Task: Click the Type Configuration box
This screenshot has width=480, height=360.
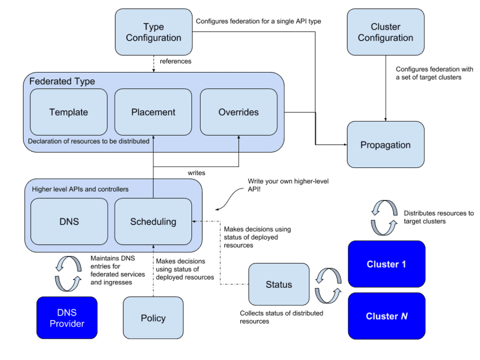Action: [x=154, y=32]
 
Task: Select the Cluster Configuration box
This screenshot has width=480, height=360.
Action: [x=386, y=32]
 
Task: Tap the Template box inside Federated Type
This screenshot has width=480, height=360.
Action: [x=69, y=112]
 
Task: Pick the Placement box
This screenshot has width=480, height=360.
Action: [x=153, y=112]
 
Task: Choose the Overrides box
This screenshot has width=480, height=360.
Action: [x=238, y=112]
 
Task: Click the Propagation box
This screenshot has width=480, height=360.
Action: [x=386, y=145]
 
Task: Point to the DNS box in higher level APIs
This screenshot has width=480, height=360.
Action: [x=69, y=221]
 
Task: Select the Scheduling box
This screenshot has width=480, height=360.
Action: [x=153, y=221]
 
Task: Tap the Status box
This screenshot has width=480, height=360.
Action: [x=279, y=284]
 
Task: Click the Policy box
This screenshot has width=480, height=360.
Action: [x=153, y=318]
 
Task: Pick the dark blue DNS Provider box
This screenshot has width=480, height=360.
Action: [x=67, y=318]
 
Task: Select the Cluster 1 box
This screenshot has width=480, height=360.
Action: [x=387, y=264]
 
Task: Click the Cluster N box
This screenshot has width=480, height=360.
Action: [x=387, y=316]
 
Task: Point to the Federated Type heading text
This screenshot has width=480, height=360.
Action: [x=62, y=82]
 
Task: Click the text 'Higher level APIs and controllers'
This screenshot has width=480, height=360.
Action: [x=80, y=189]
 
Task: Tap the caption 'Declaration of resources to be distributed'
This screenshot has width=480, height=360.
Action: [x=89, y=141]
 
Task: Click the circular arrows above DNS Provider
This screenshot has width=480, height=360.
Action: [x=68, y=274]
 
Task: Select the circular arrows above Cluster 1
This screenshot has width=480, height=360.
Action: [x=385, y=218]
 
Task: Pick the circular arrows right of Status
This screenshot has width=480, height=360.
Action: [x=328, y=285]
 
